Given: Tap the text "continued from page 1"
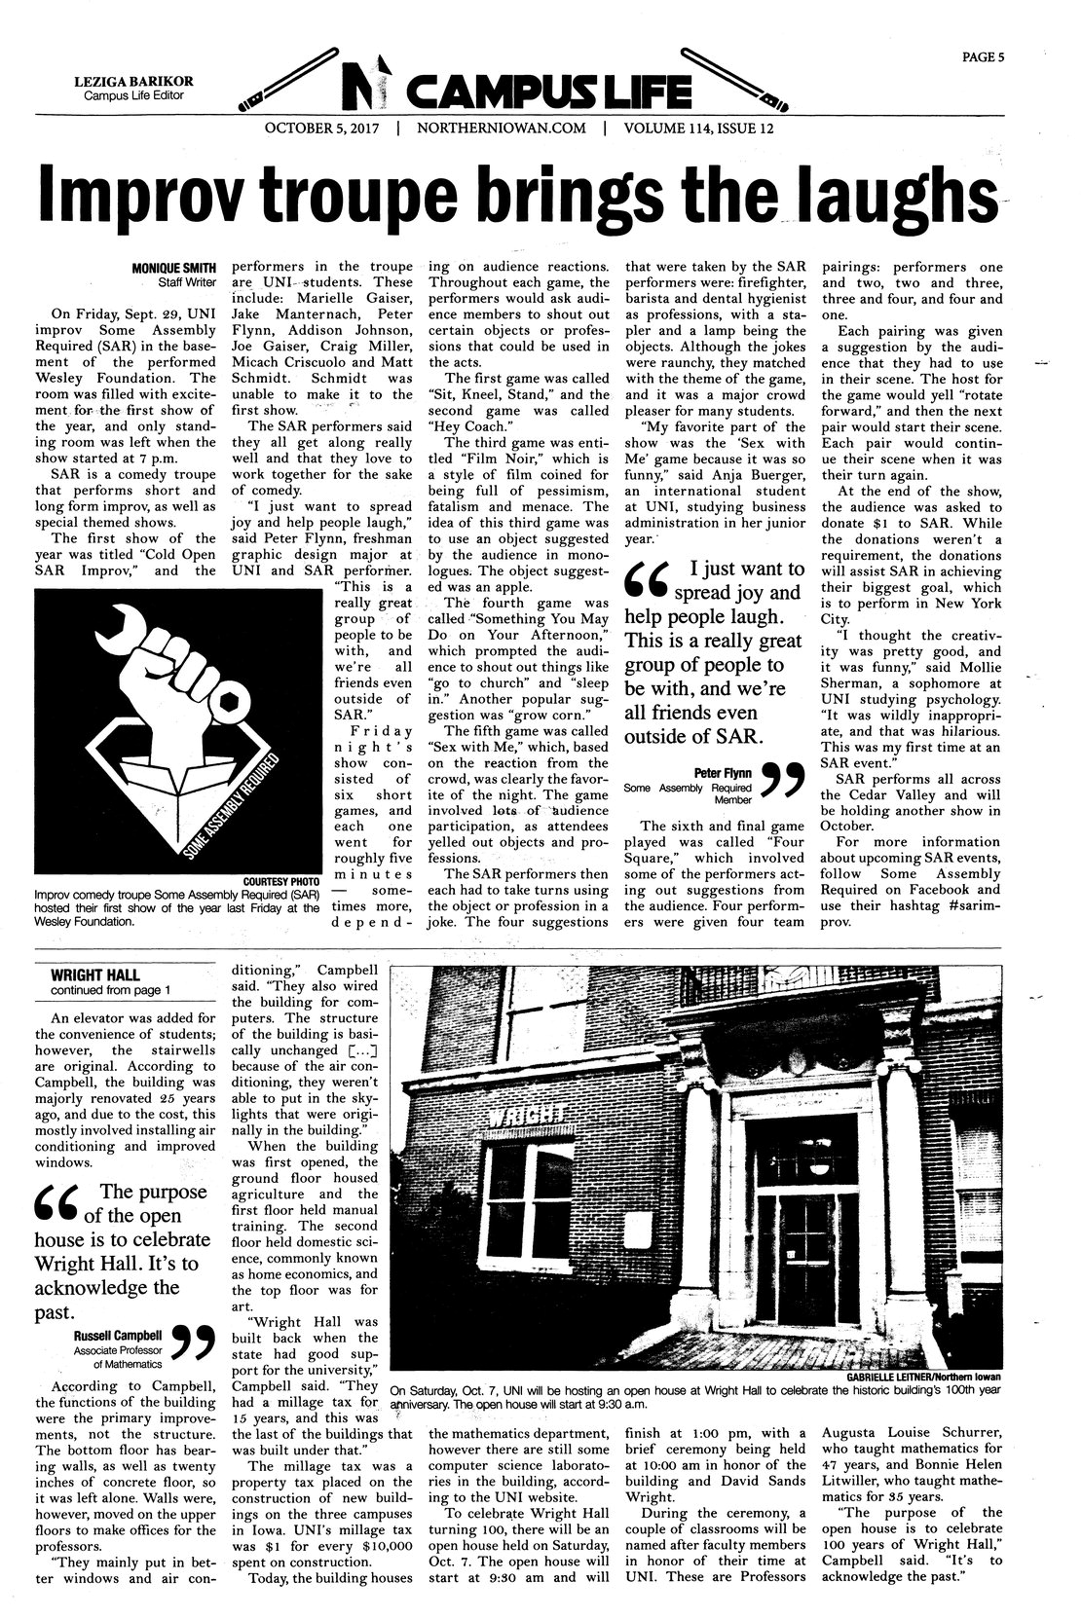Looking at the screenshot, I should [x=110, y=991].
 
